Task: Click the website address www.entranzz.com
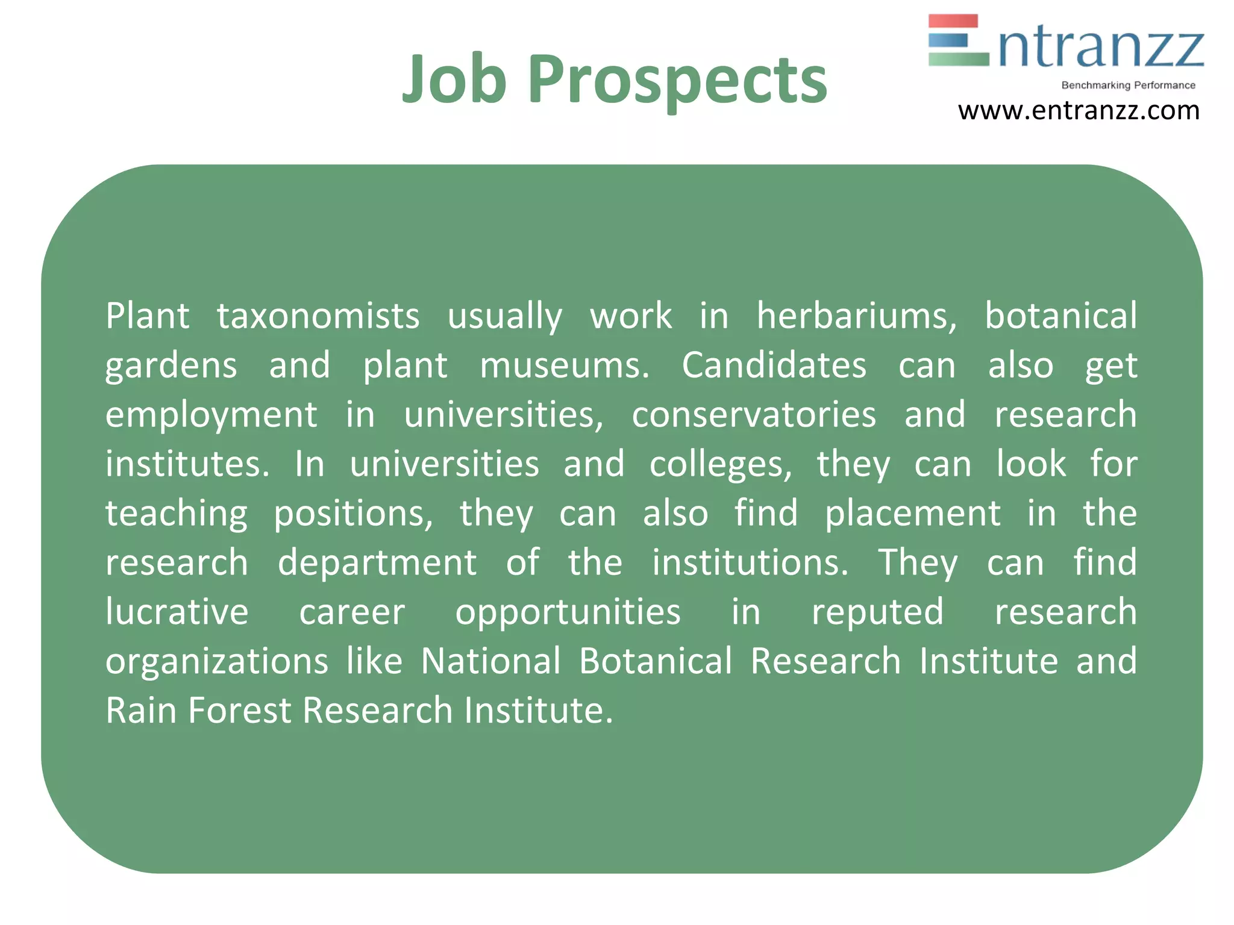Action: coord(1079,111)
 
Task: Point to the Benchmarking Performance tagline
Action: coord(1128,86)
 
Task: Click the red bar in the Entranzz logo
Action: coord(953,21)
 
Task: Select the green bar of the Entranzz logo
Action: coord(958,59)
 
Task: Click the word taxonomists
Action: coord(318,316)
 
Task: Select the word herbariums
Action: coord(856,316)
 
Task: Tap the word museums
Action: coord(565,366)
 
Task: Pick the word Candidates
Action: coord(774,366)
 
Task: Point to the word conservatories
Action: coord(754,415)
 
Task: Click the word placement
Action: coord(912,514)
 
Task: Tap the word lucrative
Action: coord(177,612)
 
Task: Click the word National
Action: coord(490,662)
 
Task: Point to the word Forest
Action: coord(239,711)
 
